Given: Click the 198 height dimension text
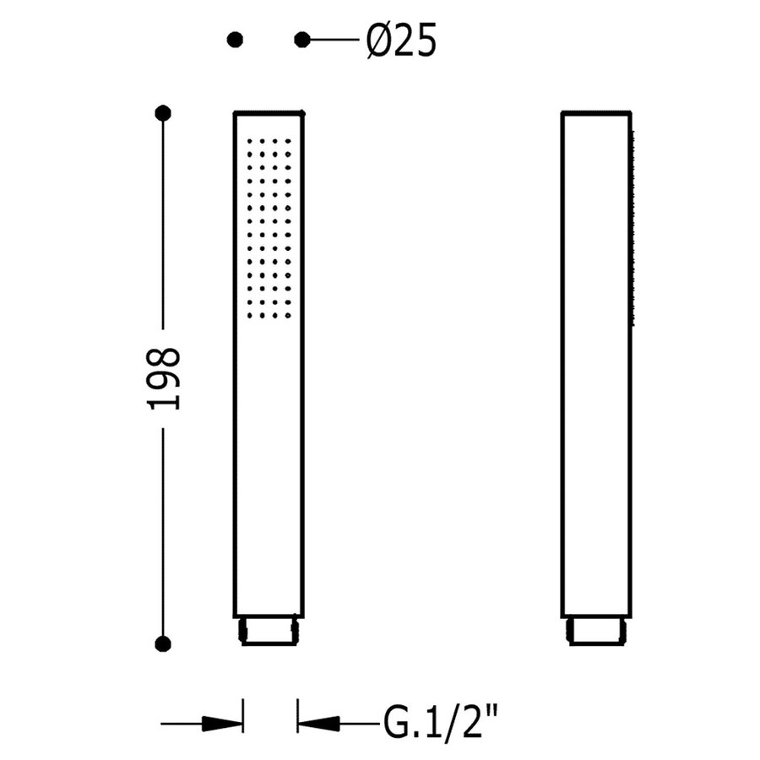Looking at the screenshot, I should coord(165,377).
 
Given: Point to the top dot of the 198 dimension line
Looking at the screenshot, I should coord(164,112).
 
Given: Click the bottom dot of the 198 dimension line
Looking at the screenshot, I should coord(164,643).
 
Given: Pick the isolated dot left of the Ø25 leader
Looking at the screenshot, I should coord(236,39).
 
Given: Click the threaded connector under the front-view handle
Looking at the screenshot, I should coord(269,631).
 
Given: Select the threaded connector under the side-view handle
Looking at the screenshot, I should coord(596,631).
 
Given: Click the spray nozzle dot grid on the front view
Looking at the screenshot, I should coord(270,228).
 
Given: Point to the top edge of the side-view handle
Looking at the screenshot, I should coord(596,112).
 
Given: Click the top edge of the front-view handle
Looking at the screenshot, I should coord(269,112).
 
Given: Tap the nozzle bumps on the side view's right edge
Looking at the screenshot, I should coord(631,228).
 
